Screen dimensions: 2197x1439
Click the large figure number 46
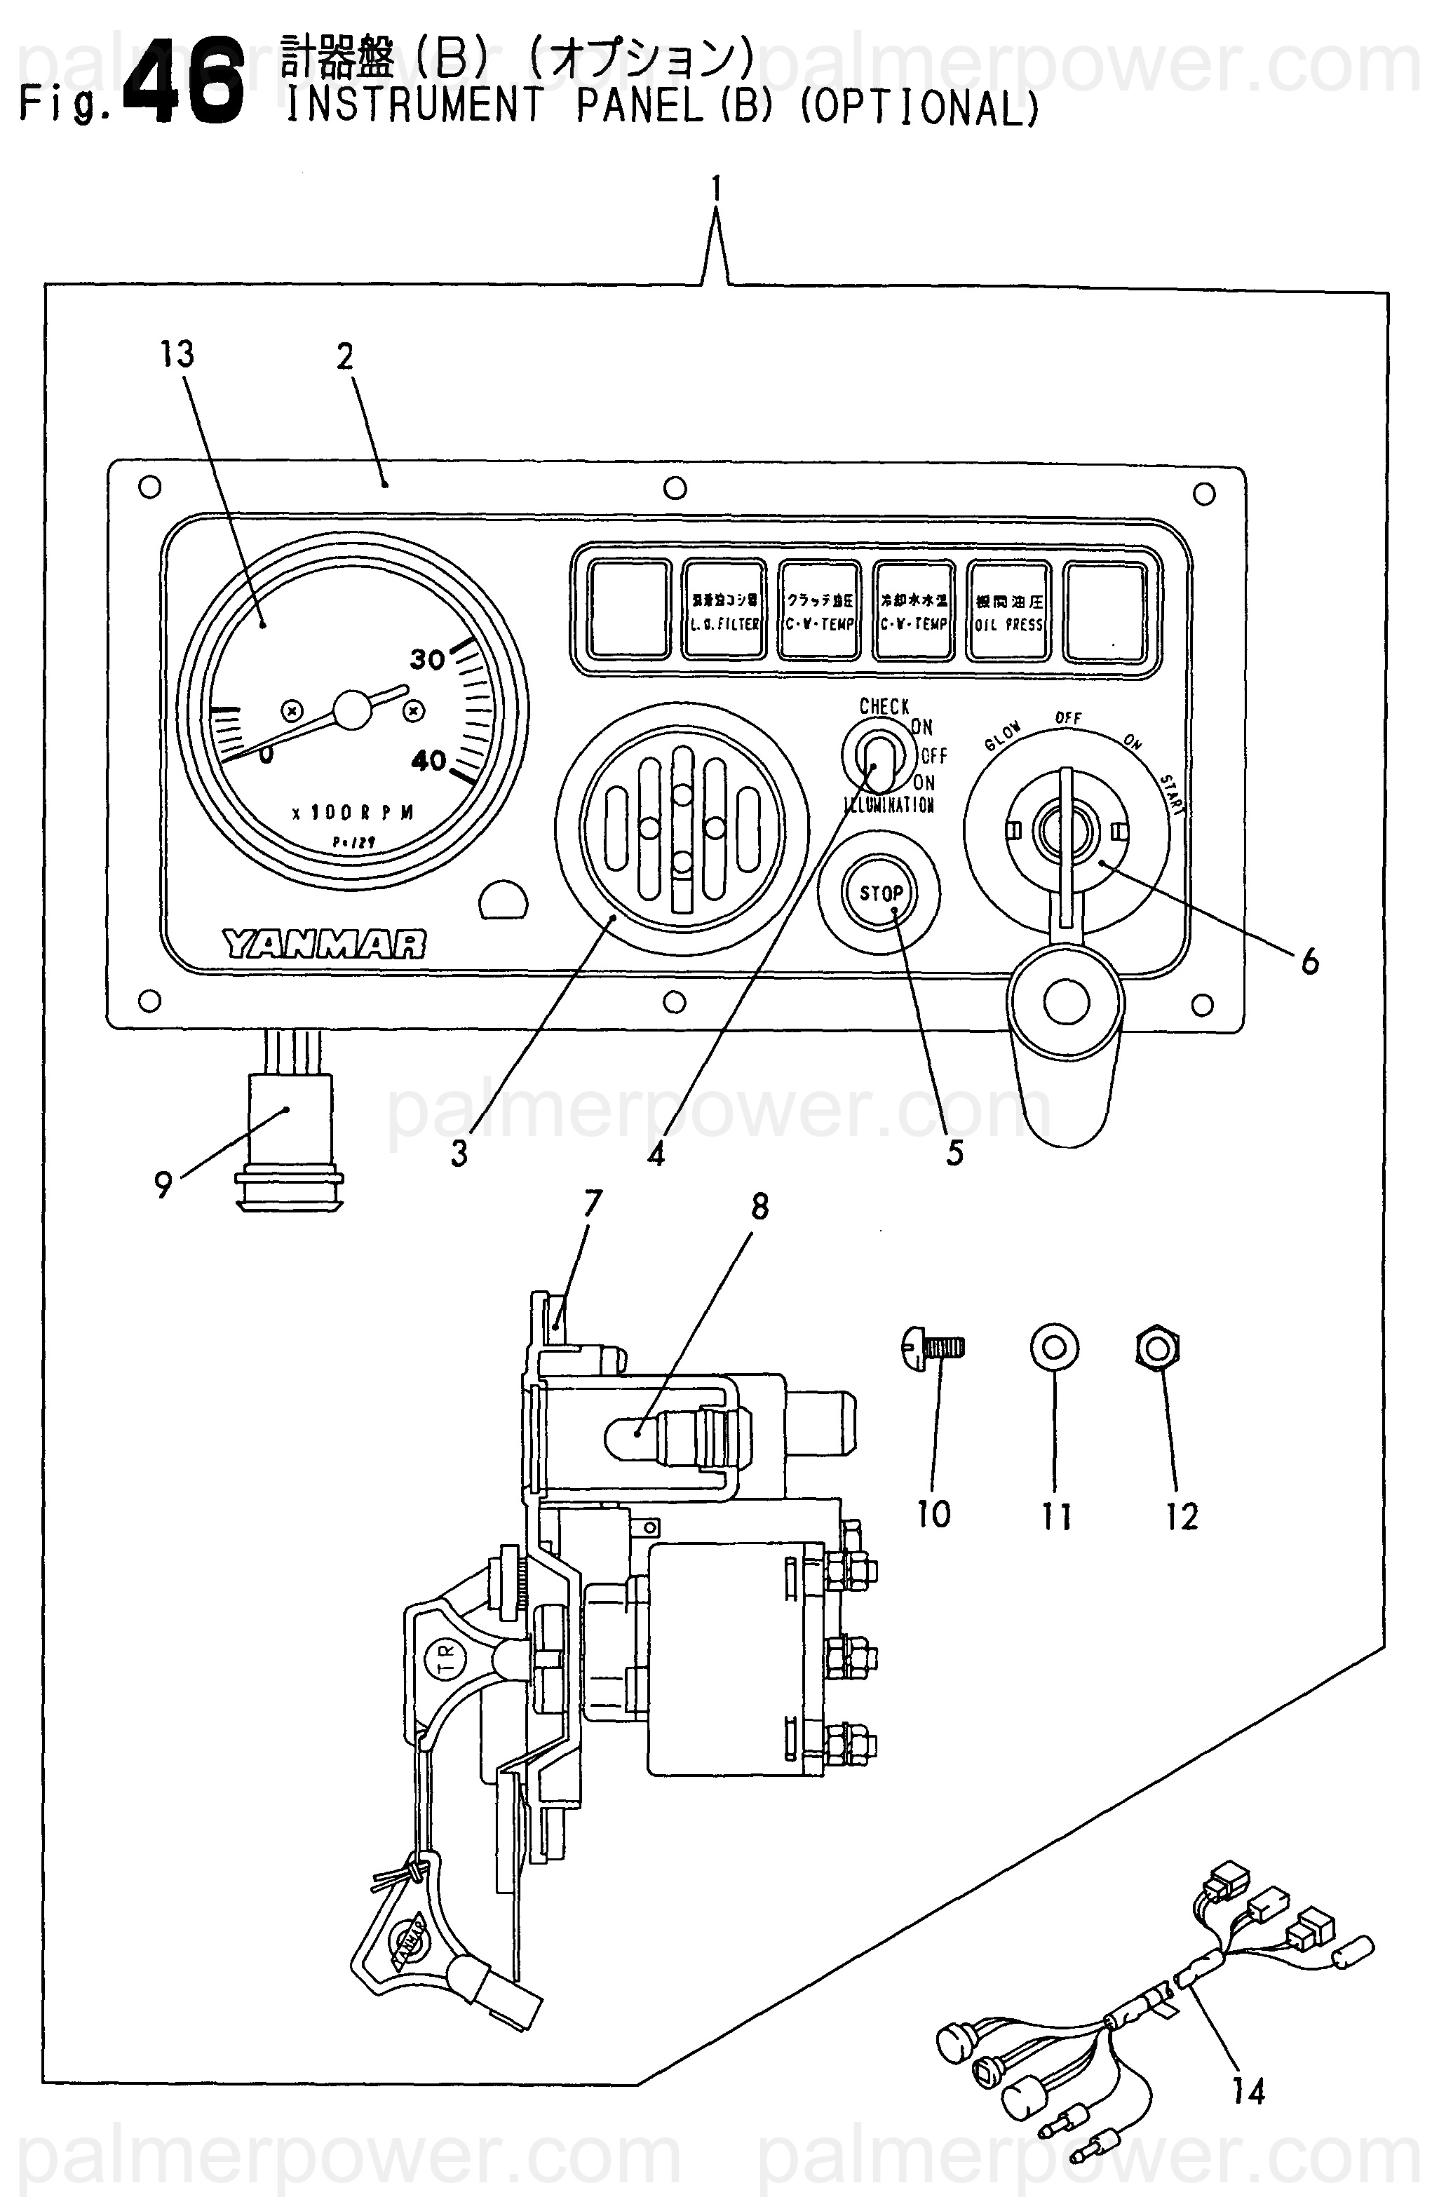tap(184, 81)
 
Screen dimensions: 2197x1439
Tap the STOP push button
tap(881, 893)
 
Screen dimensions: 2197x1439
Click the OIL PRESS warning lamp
tap(1009, 611)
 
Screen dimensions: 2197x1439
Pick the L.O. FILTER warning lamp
tap(724, 611)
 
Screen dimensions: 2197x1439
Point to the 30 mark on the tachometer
tap(427, 658)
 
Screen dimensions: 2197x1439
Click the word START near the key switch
tap(1173, 794)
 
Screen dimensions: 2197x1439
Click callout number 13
tap(177, 353)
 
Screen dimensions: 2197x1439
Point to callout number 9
tap(163, 1184)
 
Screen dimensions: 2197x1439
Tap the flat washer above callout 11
tap(1054, 1348)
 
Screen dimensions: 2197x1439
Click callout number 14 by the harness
tap(1248, 2091)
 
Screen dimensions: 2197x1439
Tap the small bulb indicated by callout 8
tap(628, 1438)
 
